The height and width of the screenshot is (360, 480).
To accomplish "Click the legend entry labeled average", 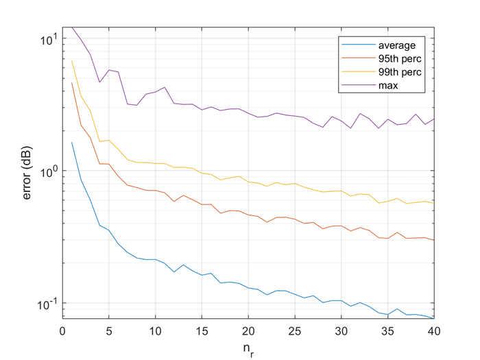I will (x=401, y=45).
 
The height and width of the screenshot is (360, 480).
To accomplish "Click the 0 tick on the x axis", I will (x=62, y=329).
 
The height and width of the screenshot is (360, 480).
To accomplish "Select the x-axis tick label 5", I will (x=109, y=329).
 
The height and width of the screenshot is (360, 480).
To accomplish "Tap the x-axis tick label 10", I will (x=155, y=329).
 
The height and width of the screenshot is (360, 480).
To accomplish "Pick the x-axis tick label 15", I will (x=202, y=329).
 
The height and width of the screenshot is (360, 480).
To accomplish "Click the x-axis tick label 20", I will (x=248, y=329).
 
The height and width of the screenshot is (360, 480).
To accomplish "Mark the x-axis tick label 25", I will (x=294, y=329).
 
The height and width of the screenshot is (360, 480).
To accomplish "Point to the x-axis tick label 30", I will (x=341, y=329).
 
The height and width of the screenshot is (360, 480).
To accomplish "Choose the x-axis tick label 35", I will (x=387, y=329).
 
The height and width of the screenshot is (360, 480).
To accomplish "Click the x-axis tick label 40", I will (x=433, y=329).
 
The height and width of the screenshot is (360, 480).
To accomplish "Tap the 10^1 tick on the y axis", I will (x=48, y=38).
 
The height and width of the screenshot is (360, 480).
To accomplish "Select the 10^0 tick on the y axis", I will (x=48, y=171).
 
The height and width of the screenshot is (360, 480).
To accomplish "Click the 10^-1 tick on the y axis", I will (x=47, y=303).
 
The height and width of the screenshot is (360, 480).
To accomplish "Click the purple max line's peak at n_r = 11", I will (x=165, y=87).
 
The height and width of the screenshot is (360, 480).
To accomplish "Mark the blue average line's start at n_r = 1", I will (x=72, y=142).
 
